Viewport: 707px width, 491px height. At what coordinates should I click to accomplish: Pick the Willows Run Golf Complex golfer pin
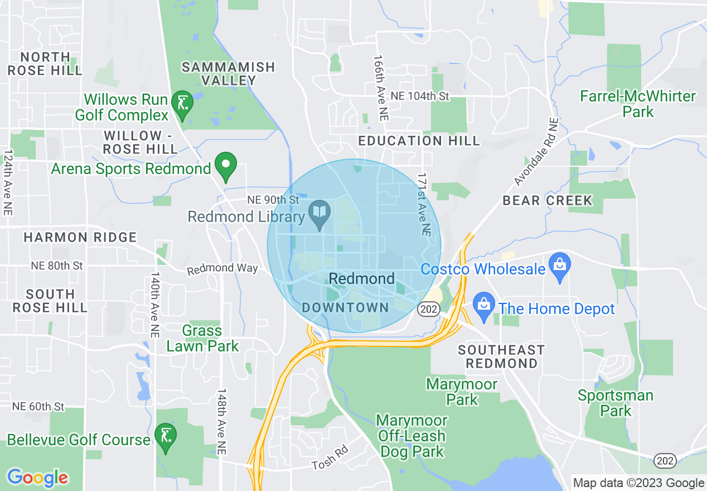click(182, 104)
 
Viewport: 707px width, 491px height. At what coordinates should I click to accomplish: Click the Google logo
click(37, 478)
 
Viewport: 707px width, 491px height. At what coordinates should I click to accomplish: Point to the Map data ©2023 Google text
click(638, 483)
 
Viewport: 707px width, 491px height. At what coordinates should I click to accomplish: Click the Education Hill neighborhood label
click(419, 141)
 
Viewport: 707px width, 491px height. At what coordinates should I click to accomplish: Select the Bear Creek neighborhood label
click(547, 200)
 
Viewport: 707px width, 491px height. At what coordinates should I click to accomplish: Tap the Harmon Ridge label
click(80, 238)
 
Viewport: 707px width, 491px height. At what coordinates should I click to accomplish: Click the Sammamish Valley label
click(229, 74)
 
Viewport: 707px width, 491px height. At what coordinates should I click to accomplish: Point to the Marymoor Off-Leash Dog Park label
click(411, 436)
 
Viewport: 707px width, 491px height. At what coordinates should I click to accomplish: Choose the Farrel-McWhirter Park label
click(638, 104)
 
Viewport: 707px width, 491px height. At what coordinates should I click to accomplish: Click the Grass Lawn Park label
click(202, 338)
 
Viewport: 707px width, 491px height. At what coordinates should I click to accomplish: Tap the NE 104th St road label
click(420, 96)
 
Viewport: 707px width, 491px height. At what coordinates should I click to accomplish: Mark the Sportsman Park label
click(616, 403)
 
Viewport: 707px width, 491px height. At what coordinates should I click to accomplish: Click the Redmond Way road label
click(222, 269)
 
